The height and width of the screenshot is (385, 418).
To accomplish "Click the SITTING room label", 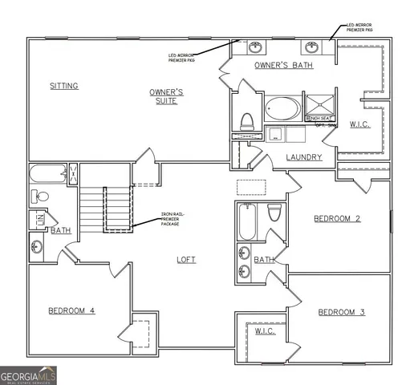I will tap(63, 86).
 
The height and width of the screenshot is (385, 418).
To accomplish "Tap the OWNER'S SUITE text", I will tap(167, 98).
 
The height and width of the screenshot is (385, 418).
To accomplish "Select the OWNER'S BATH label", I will tap(283, 65).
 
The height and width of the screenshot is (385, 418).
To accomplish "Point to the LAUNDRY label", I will tap(304, 157).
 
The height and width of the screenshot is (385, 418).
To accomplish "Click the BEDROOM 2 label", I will tap(337, 218).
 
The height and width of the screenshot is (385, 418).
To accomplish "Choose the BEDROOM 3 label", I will tap(342, 311).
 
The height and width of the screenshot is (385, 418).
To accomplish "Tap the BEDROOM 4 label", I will tap(71, 310).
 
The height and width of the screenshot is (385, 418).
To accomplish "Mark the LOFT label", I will tap(186, 259).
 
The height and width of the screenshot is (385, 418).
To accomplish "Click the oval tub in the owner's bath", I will tap(282, 108).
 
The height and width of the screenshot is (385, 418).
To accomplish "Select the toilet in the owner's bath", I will tap(247, 121).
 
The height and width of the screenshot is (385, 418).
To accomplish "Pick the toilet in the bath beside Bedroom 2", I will tap(274, 213).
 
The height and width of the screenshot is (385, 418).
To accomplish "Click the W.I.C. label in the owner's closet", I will tap(359, 124).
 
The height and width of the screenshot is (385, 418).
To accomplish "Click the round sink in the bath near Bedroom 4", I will tap(38, 246).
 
